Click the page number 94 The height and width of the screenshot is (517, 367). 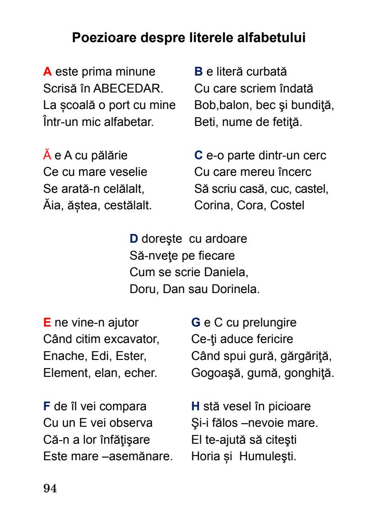pos(50,489)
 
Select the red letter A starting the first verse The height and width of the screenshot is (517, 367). pos(47,71)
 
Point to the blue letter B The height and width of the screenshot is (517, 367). pos(199,71)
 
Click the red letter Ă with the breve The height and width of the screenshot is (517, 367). pos(47,155)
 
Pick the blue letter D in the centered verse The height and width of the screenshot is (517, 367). pos(134,239)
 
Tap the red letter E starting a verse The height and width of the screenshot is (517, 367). pos(47,322)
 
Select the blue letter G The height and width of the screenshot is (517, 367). pos(196,322)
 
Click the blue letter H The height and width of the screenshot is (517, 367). pos(195,406)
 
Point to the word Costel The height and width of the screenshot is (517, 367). pos(287,206)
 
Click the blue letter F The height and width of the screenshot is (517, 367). pos(46,406)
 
